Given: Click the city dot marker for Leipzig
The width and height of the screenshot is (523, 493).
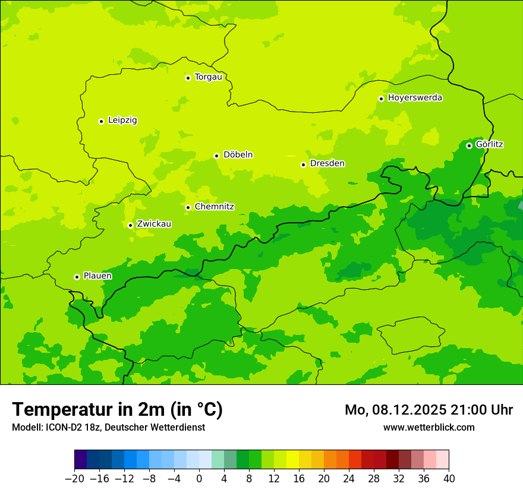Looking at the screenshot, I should [x=101, y=121].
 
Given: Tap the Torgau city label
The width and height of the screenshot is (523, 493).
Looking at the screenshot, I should [x=208, y=77].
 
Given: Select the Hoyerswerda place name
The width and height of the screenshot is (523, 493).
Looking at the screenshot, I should [x=415, y=97].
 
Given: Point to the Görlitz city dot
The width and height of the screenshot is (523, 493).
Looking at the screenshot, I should [x=469, y=146].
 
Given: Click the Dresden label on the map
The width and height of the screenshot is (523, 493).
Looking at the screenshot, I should [x=327, y=163].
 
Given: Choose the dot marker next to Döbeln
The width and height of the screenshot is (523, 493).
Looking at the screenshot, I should [x=216, y=156].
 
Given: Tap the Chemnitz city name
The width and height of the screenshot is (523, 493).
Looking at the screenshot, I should [x=214, y=207].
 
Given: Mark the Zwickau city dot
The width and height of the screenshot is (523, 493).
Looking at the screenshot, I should [x=130, y=225].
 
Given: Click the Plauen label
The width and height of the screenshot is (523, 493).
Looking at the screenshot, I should [x=97, y=276].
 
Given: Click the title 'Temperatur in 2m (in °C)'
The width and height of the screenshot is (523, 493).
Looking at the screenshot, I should [x=117, y=409].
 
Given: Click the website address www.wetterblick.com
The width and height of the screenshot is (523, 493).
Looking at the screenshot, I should [x=429, y=427].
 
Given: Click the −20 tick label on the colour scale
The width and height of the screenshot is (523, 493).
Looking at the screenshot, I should [x=74, y=479].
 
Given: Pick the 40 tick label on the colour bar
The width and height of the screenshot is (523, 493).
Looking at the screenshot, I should [x=449, y=479].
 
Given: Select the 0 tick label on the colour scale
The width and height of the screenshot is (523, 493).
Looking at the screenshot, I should [x=199, y=479].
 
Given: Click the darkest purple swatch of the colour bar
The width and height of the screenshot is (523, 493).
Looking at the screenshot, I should [x=81, y=460].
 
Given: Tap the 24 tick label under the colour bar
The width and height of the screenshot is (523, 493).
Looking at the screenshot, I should [x=349, y=479].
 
